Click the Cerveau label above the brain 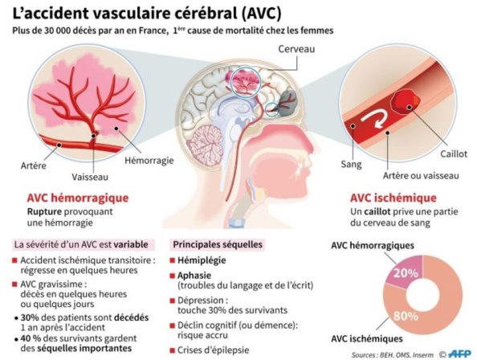coord(296,49)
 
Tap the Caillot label coord(454,153)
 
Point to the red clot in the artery coord(406,102)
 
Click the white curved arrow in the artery coord(374,118)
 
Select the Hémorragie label coord(149,161)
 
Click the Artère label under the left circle coord(34,166)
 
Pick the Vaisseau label coord(90,177)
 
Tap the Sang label coord(351,165)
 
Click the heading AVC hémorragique coord(78,198)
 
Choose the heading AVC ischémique coord(393,198)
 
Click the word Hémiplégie coord(202,260)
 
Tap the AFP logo coord(459,354)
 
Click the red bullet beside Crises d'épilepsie coord(173,350)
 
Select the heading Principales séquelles coord(218,244)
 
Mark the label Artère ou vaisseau coord(421,176)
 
